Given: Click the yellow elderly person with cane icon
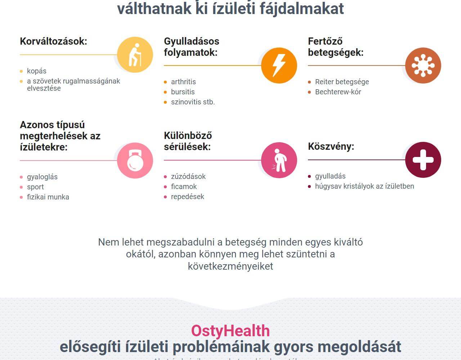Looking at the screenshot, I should (135, 55).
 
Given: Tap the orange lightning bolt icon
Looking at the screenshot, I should (279, 66).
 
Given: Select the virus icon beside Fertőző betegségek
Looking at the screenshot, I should (423, 66).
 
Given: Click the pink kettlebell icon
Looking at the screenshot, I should (135, 161).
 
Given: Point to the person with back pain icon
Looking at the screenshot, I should (279, 160).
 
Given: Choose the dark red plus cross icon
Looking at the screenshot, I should (423, 160).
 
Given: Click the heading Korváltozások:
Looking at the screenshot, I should (54, 41).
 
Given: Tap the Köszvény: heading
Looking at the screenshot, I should (331, 147).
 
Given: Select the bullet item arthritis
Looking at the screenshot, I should (183, 82).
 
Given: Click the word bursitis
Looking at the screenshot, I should (183, 92).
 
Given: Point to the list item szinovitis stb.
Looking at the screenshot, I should (193, 102).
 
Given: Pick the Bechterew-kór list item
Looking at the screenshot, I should (338, 92).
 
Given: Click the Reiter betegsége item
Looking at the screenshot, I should (342, 82).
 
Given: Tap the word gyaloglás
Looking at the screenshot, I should (42, 177).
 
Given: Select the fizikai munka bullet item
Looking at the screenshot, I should (48, 197).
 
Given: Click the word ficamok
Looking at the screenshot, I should (184, 186).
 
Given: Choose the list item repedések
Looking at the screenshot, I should (187, 197).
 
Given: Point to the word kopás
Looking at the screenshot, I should (36, 71).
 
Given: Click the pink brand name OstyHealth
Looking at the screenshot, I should (230, 331).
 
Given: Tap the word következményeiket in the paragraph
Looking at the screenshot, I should (230, 266).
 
